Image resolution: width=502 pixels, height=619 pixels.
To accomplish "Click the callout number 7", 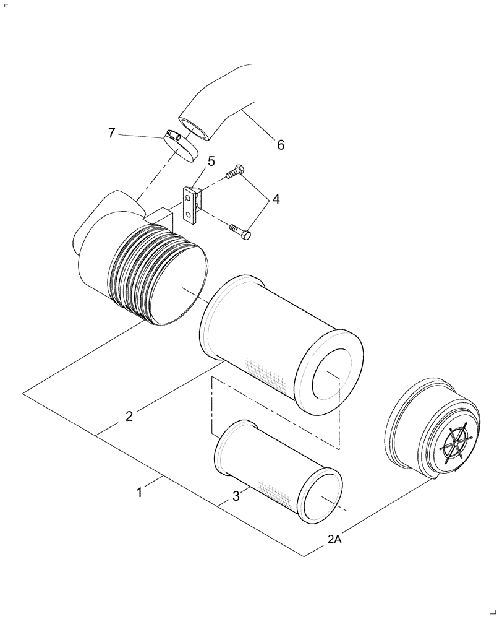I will [x=111, y=132].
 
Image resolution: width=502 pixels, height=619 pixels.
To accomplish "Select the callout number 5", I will [x=211, y=162].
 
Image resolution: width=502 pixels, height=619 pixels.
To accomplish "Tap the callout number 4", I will [x=276, y=199].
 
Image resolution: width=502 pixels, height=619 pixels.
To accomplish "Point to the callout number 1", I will [x=140, y=493].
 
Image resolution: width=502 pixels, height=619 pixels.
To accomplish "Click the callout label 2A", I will [x=334, y=540].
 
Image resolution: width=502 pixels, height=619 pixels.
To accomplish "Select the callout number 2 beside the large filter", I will [x=129, y=416].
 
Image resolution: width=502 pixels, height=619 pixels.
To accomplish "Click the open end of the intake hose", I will [x=194, y=126].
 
